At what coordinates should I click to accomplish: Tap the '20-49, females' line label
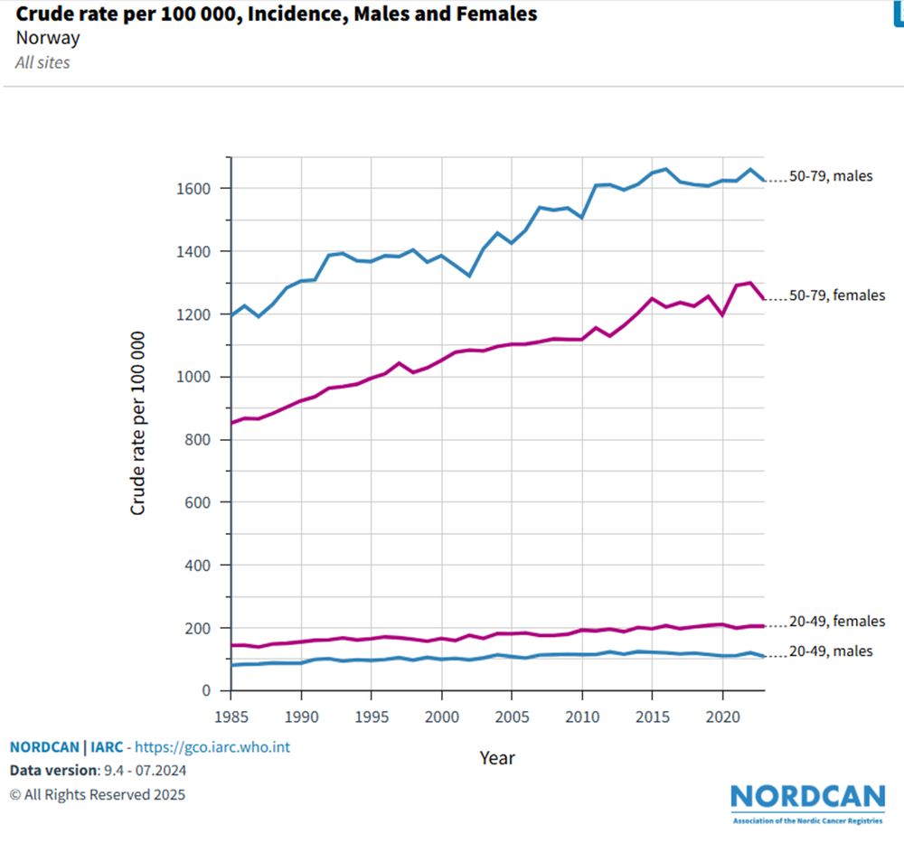tap(833, 622)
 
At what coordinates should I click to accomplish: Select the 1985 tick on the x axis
tap(231, 715)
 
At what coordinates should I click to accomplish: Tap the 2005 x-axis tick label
tap(512, 715)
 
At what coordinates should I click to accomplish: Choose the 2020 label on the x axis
tap(722, 715)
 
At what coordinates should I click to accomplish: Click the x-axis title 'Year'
tap(496, 758)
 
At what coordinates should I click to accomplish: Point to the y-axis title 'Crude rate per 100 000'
tap(138, 422)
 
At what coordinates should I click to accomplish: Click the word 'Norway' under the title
tap(48, 38)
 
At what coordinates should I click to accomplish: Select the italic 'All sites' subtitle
tap(42, 62)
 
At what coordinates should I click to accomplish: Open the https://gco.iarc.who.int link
tap(212, 747)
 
